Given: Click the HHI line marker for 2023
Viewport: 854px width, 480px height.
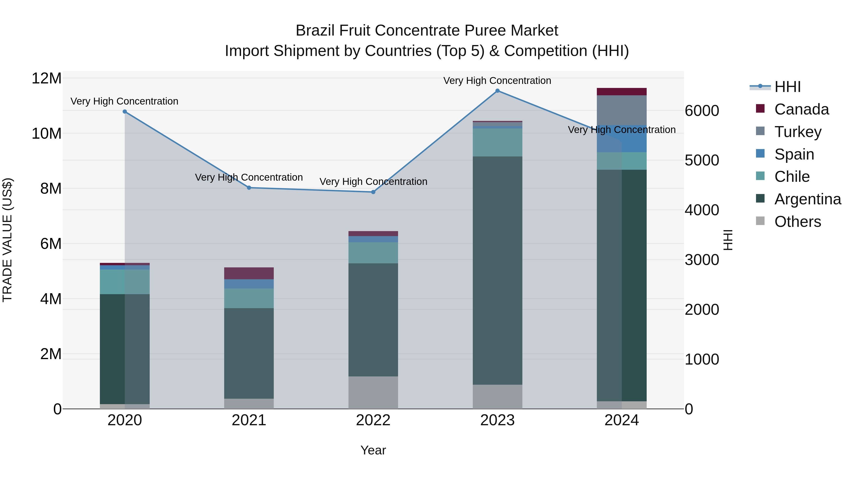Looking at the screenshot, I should [497, 91].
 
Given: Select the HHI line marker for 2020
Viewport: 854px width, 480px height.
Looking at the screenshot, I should [125, 112].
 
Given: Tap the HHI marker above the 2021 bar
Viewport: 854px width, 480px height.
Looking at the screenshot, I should [249, 188].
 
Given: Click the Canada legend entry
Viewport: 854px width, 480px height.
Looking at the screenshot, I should [801, 109].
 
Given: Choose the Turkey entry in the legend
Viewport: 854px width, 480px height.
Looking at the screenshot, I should [798, 132].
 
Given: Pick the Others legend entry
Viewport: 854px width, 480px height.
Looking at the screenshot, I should [797, 222].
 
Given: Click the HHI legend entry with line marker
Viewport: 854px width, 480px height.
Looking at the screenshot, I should [787, 87].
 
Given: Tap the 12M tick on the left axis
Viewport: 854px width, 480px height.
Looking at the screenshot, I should [46, 78].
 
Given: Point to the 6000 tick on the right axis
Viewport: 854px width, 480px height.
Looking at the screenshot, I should [702, 111].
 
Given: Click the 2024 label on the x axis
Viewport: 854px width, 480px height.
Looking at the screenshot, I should [622, 420].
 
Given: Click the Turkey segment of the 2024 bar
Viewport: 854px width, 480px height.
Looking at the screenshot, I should [622, 110].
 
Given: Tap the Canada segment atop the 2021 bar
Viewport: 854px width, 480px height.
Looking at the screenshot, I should [249, 273].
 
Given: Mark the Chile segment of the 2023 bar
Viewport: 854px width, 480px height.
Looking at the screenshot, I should [497, 142].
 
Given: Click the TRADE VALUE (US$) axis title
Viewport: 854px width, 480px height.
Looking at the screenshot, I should [7, 240].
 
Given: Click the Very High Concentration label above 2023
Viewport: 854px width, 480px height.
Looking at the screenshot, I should [497, 81].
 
